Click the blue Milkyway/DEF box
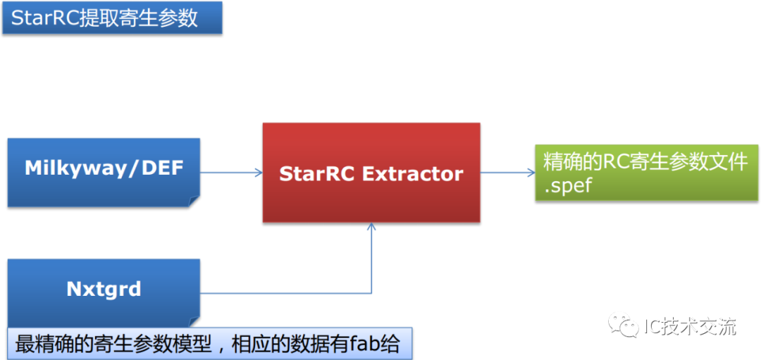pos(104,172)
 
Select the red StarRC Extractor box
pos(371,173)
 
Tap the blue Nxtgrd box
pos(104,290)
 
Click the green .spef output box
pos(646,173)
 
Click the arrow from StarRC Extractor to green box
pos(507,173)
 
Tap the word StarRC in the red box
pos(318,174)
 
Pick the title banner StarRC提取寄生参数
pos(112,18)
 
